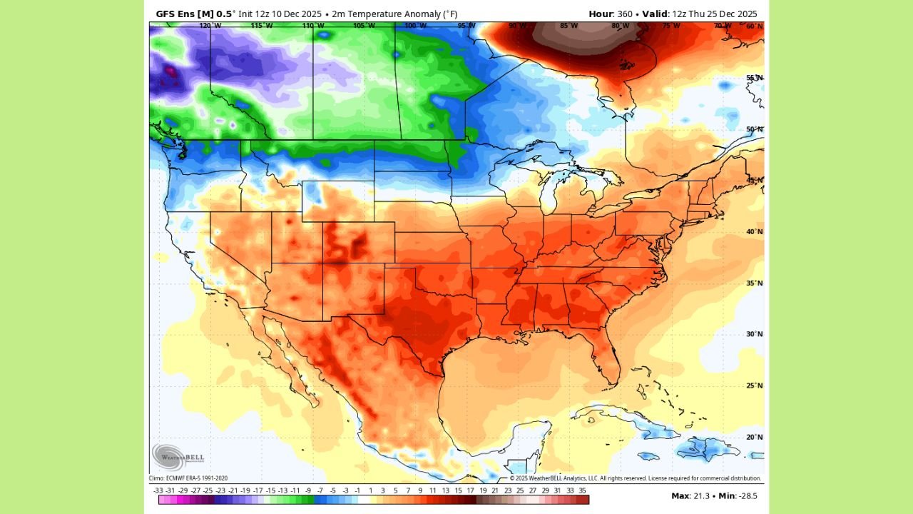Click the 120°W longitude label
pos(210,26)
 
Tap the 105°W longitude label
pos(364,26)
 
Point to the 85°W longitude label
pos(568,26)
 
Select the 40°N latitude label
pos(755,232)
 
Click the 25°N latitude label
pos(755,385)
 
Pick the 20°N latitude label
pos(755,437)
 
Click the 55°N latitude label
pos(755,78)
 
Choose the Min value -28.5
pos(747,495)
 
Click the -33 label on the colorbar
pos(158,490)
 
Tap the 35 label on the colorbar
pos(583,490)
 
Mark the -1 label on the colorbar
pos(358,490)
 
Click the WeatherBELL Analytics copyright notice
pos(635,478)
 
